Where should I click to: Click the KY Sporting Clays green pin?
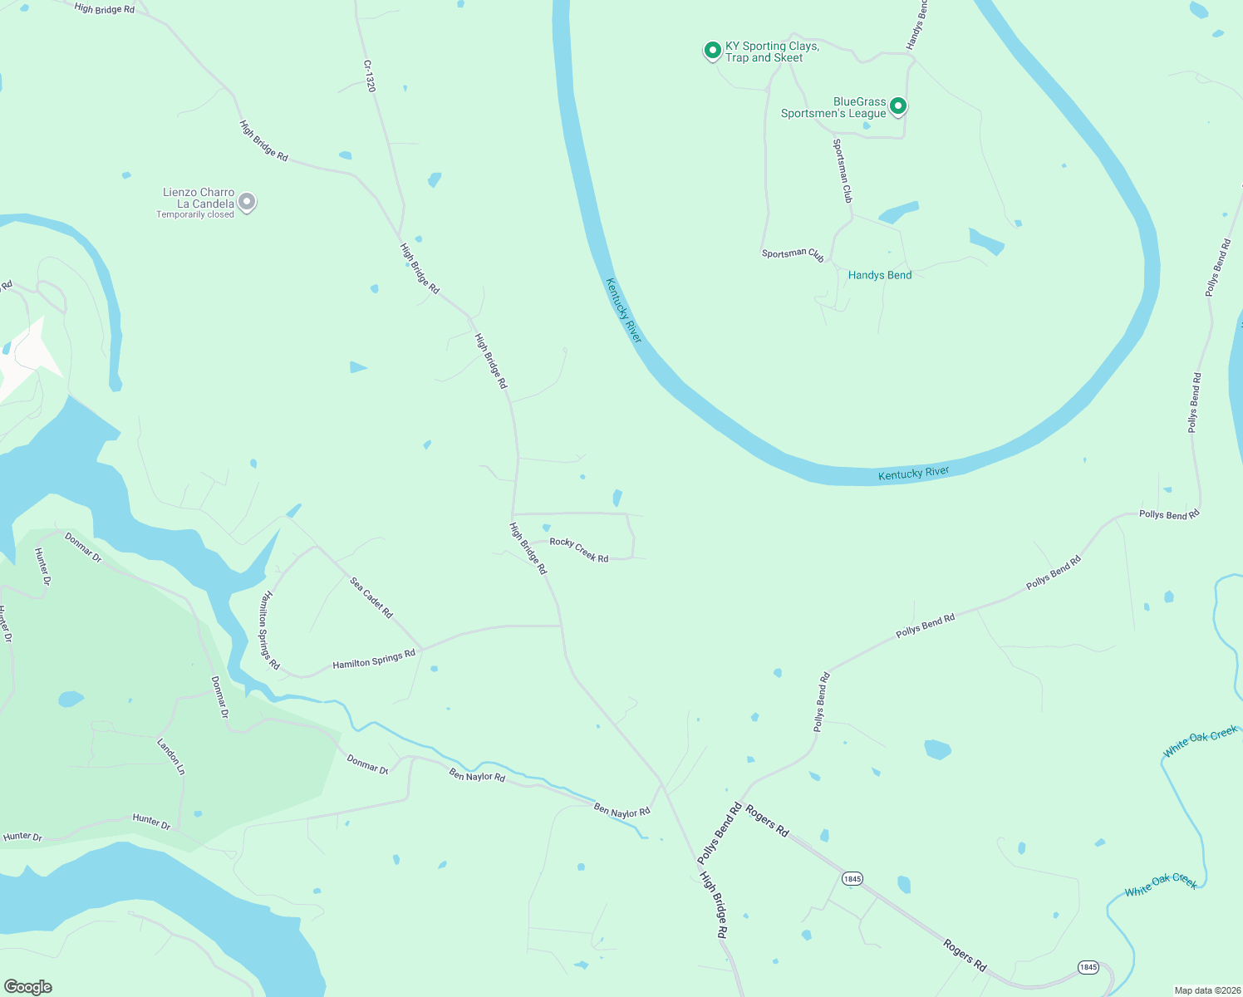tap(712, 51)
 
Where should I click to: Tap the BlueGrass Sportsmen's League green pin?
tap(897, 106)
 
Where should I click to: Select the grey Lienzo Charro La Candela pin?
tap(247, 201)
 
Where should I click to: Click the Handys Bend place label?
tap(880, 275)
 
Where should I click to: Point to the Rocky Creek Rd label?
tap(579, 550)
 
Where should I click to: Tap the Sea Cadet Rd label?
tap(371, 597)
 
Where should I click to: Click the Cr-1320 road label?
tap(370, 76)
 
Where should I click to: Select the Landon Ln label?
tap(171, 756)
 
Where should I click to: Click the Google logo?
tap(28, 987)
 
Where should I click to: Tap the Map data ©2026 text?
tap(1206, 990)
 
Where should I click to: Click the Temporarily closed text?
tap(195, 214)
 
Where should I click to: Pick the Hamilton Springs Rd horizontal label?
tap(374, 660)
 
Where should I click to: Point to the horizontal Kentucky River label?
tap(913, 474)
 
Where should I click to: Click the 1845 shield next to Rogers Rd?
tap(852, 878)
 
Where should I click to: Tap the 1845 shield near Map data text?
tap(1088, 967)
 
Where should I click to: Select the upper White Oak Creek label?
tap(1200, 742)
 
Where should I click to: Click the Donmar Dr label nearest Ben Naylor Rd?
tap(367, 764)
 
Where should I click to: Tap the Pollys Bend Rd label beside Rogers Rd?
tap(720, 833)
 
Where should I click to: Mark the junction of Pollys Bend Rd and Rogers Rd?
tap(740, 800)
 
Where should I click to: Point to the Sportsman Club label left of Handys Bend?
tap(793, 254)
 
